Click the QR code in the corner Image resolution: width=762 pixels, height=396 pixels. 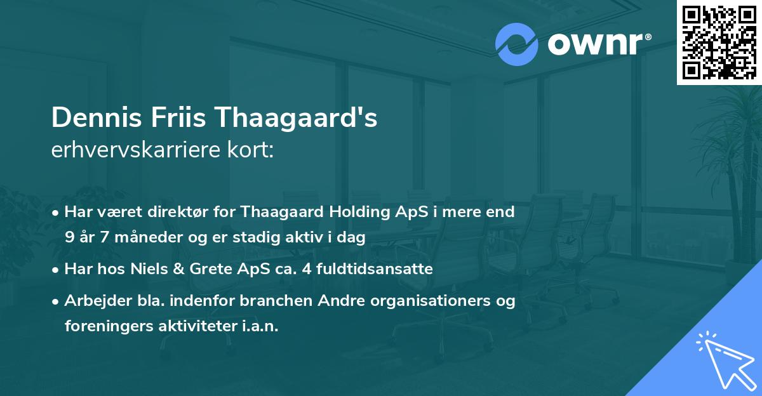[x=719, y=43]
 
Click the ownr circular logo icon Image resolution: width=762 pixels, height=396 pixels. [x=516, y=44]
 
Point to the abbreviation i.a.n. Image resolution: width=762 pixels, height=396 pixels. [x=259, y=326]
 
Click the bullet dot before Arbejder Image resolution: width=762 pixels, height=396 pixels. [x=57, y=301]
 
